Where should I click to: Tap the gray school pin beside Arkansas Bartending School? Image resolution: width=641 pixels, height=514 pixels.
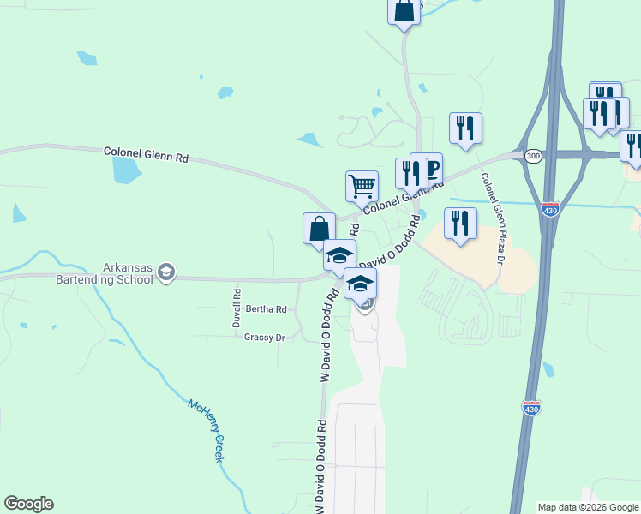[166, 273]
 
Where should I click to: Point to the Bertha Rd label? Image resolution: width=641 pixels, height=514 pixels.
[266, 308]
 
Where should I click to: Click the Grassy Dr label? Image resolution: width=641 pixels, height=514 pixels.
[264, 338]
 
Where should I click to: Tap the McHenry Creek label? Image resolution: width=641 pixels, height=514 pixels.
[207, 431]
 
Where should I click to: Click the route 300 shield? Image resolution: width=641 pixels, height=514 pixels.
[533, 155]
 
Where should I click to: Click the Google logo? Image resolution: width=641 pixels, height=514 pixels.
[28, 504]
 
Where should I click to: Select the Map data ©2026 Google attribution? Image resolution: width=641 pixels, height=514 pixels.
[588, 507]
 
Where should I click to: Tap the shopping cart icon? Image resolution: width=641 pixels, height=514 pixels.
[362, 184]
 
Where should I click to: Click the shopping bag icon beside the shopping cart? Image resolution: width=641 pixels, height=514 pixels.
[319, 228]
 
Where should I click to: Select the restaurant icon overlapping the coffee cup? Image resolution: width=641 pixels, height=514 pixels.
[411, 173]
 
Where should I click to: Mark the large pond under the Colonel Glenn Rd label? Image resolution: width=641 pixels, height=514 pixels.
[126, 170]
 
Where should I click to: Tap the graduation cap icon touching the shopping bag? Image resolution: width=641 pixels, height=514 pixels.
[339, 254]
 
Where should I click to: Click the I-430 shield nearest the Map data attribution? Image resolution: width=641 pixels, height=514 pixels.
[531, 409]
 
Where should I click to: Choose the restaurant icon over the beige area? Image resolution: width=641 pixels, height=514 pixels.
[460, 222]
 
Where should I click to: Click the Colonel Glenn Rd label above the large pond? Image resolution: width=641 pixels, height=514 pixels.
[146, 154]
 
